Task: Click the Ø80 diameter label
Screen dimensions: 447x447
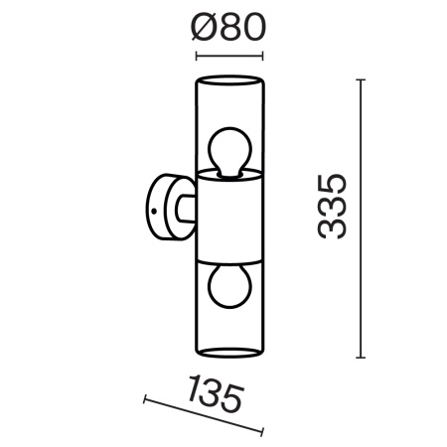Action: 229,26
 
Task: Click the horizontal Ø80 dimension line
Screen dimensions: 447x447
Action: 229,54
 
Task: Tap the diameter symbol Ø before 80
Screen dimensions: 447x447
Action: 202,26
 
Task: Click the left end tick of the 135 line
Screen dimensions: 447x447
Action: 145,399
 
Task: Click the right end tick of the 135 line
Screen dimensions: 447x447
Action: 263,431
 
